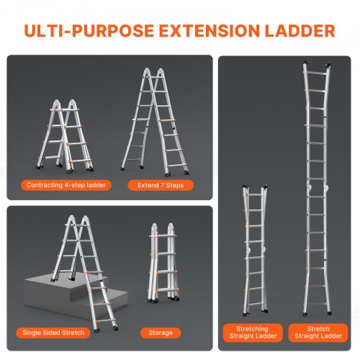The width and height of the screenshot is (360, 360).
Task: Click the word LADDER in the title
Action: (300, 31)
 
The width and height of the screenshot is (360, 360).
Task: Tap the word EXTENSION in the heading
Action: (210, 31)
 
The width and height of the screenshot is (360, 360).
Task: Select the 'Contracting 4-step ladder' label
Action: (66, 185)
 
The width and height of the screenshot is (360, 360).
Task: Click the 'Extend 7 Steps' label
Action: (161, 185)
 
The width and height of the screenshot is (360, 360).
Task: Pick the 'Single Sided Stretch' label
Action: (53, 333)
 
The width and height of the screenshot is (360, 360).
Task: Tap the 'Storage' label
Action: (161, 333)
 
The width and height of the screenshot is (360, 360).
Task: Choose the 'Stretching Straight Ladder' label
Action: (253, 333)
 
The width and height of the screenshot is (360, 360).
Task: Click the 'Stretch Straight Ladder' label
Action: (318, 333)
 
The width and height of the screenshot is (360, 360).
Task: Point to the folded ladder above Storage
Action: (163, 262)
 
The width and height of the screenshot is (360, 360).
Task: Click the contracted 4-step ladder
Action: (65, 136)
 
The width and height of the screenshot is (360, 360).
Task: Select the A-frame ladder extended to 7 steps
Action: (155, 121)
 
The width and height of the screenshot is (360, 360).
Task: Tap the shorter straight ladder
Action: (255, 251)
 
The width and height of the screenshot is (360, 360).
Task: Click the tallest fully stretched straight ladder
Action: (318, 189)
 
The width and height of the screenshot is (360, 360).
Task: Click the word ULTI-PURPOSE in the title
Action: (89, 31)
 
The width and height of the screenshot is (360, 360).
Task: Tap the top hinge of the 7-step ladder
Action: (153, 73)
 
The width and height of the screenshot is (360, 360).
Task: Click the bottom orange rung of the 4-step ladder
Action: (80, 161)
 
